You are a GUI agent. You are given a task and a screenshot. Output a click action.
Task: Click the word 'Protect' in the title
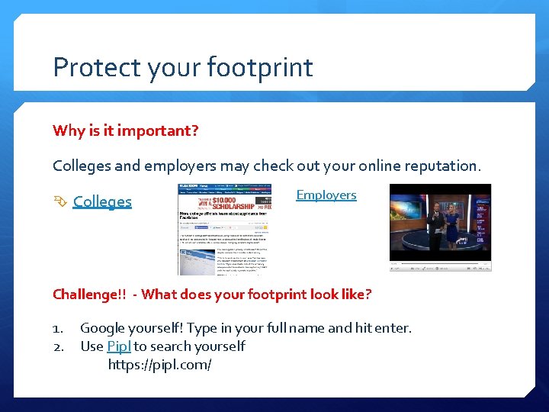(87, 68)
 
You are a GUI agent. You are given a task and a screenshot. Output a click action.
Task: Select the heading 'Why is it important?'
(126, 130)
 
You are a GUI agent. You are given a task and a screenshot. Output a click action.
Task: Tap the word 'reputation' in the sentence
(440, 166)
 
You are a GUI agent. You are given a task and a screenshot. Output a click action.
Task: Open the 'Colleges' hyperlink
(102, 201)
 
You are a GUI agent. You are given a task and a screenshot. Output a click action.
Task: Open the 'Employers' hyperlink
(326, 195)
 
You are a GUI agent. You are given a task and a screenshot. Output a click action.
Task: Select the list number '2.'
(59, 347)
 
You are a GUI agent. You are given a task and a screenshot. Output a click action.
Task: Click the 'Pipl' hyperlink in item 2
(119, 346)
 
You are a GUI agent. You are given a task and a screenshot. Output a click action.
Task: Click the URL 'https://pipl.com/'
(159, 365)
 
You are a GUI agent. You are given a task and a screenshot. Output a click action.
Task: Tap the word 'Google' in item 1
(104, 329)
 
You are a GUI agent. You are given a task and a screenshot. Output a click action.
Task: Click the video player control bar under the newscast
(440, 266)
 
